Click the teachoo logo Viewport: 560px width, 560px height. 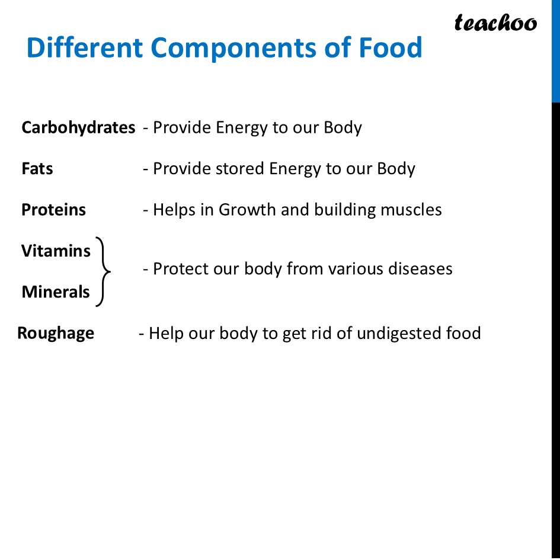[x=495, y=23]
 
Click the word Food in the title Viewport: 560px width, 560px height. [x=391, y=47]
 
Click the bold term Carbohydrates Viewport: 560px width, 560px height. [x=78, y=127]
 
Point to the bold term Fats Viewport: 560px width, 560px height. [x=37, y=169]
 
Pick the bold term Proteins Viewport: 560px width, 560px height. [x=53, y=210]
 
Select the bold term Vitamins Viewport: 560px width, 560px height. [x=56, y=251]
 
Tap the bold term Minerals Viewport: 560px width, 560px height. [x=56, y=292]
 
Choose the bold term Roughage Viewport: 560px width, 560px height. [x=56, y=333]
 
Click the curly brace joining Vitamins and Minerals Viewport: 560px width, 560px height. [x=104, y=272]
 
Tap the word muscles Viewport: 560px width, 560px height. [x=412, y=210]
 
